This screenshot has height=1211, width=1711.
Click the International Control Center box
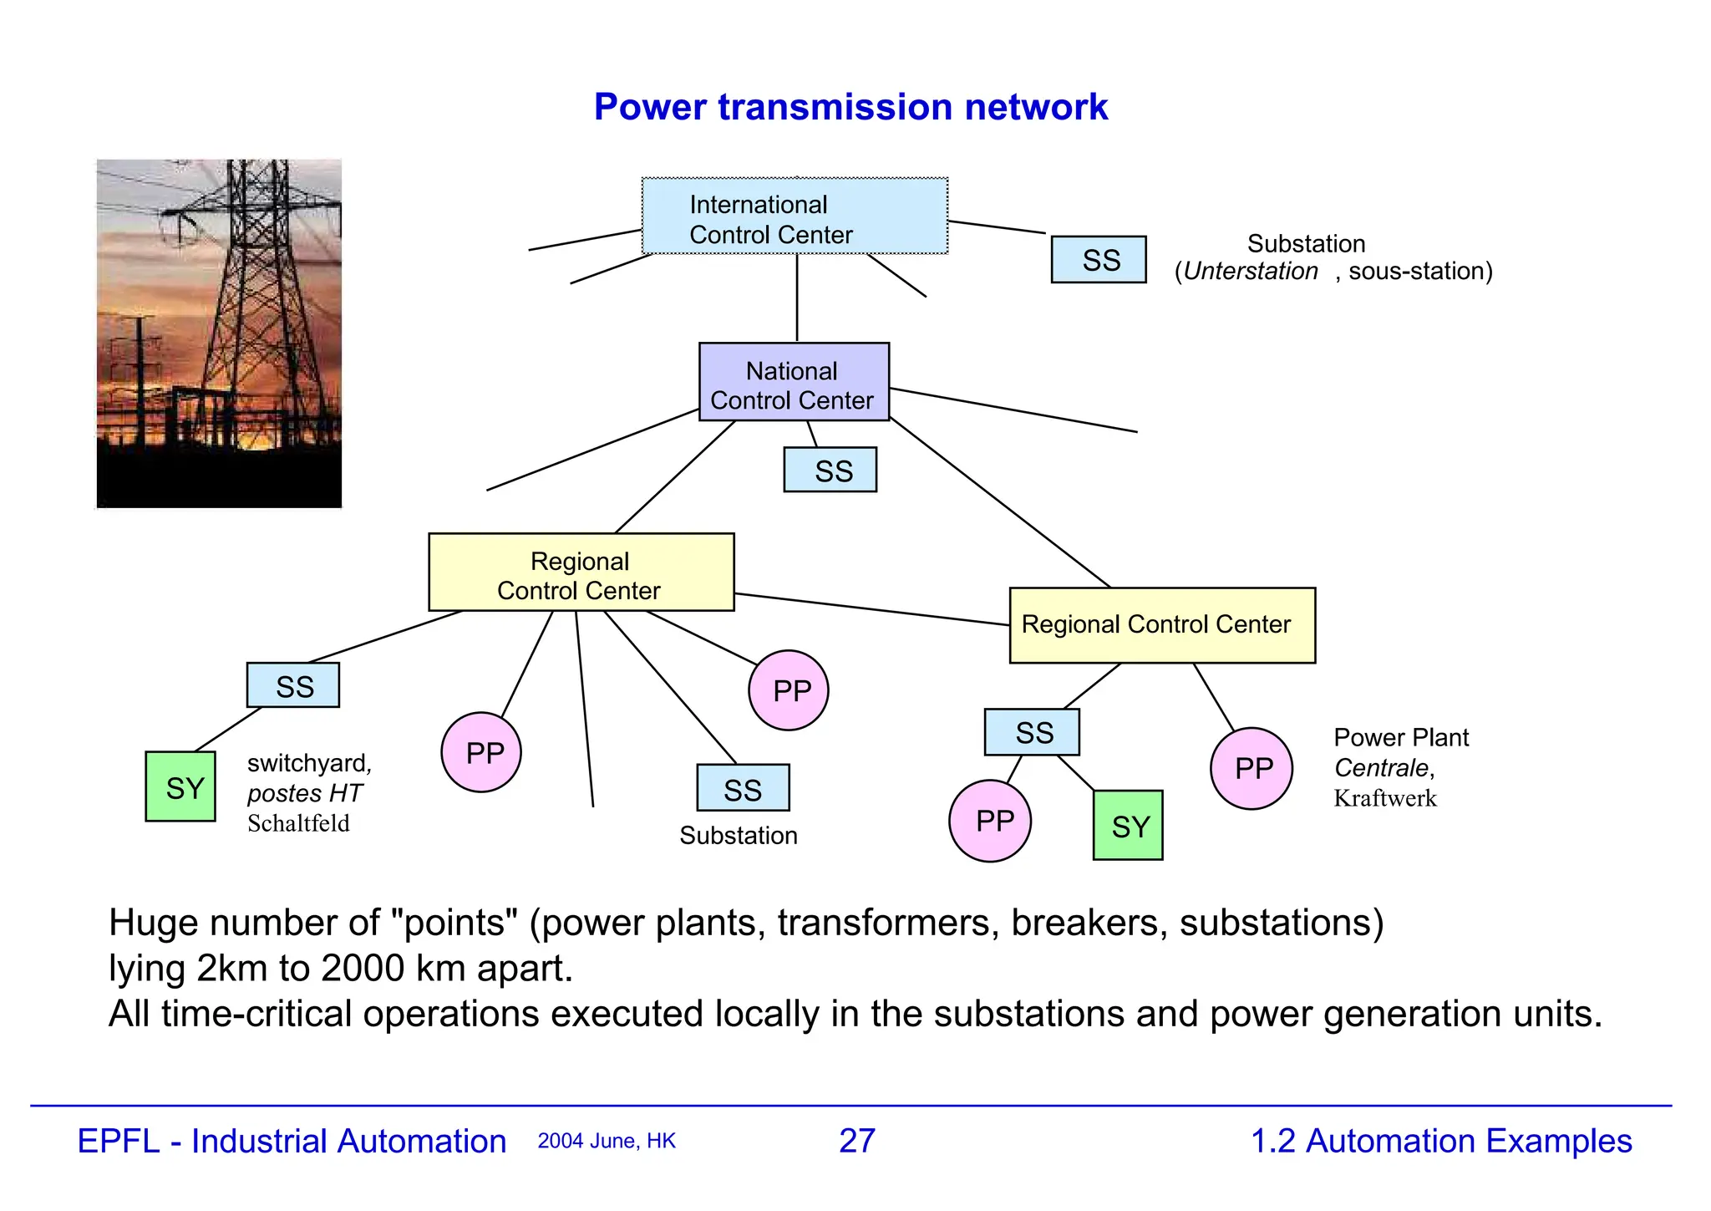[x=795, y=216]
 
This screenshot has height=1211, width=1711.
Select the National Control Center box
[x=794, y=382]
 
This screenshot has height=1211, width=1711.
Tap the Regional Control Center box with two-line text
[x=581, y=572]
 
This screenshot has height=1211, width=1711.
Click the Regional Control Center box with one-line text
[x=1162, y=625]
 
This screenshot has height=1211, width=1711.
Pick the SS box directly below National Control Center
[x=830, y=470]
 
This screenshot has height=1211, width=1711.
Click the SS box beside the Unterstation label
[x=1099, y=260]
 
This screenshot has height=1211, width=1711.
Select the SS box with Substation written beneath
[x=743, y=788]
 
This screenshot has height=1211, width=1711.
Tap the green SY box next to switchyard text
[x=180, y=786]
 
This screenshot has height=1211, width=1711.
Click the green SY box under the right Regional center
[x=1128, y=826]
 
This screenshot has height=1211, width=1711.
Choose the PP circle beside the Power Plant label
[x=1252, y=769]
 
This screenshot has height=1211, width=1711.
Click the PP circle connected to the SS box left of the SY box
[x=990, y=821]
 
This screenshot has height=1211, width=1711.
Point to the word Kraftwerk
[x=1384, y=799]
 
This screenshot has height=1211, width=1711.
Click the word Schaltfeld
[x=298, y=824]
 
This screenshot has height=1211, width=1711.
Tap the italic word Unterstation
[x=1251, y=272]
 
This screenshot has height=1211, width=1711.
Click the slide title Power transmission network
[x=850, y=107]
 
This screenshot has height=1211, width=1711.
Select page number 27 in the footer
[x=857, y=1141]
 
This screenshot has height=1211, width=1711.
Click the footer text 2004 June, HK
[x=607, y=1142]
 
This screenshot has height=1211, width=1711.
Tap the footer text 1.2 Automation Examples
[x=1441, y=1141]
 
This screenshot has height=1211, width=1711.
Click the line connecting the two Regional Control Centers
[x=871, y=609]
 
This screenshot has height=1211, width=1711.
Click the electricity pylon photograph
[x=219, y=333]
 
